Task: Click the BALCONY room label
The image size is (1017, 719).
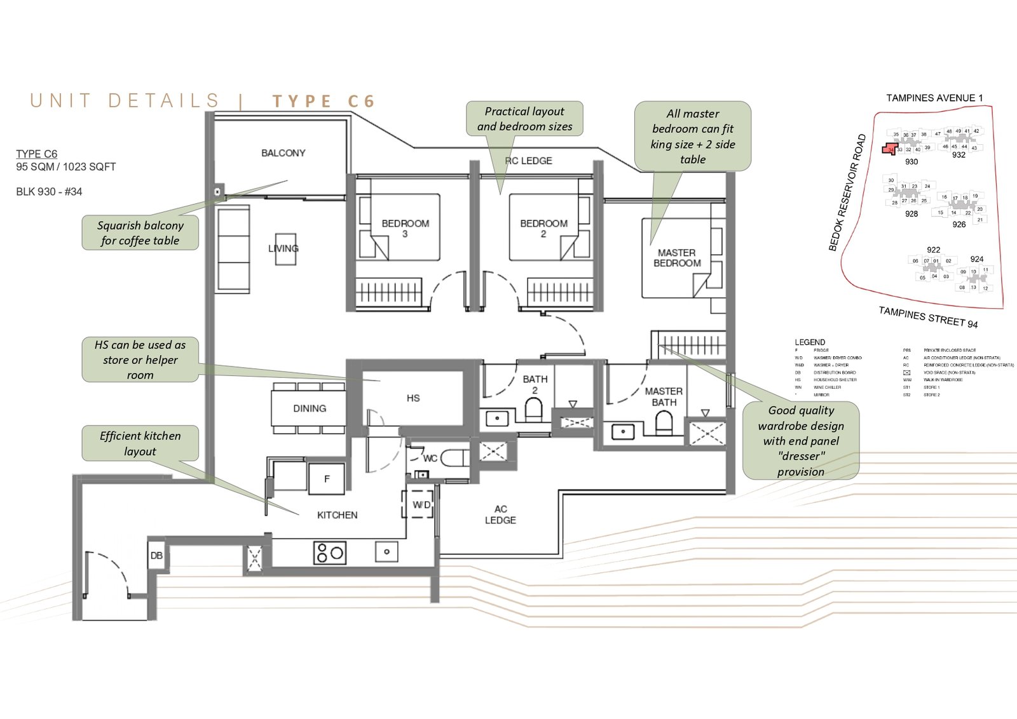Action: point(283,153)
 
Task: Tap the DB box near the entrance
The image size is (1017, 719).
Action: point(156,556)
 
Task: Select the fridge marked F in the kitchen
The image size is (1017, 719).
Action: point(327,479)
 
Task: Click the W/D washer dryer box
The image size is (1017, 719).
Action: point(421,505)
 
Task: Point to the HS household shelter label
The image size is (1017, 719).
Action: point(413,398)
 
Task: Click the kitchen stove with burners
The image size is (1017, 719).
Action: point(329,553)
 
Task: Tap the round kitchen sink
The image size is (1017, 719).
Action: point(386,552)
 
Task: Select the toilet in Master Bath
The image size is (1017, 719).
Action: point(664,422)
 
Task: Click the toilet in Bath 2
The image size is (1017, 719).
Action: point(534,410)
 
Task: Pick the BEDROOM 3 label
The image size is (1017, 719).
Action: point(405,229)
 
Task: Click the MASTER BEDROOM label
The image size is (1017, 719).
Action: point(677,258)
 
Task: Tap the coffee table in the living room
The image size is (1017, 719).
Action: point(285,249)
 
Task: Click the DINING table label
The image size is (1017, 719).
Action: point(310,408)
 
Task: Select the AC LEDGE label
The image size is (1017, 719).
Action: point(500,514)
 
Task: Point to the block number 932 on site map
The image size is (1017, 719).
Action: point(959,155)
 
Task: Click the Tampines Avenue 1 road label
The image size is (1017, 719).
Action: point(934,98)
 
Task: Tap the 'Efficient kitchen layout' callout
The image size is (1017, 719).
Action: point(140,443)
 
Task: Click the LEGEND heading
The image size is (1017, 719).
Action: point(810,342)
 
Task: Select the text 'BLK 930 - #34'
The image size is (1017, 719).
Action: point(49,192)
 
